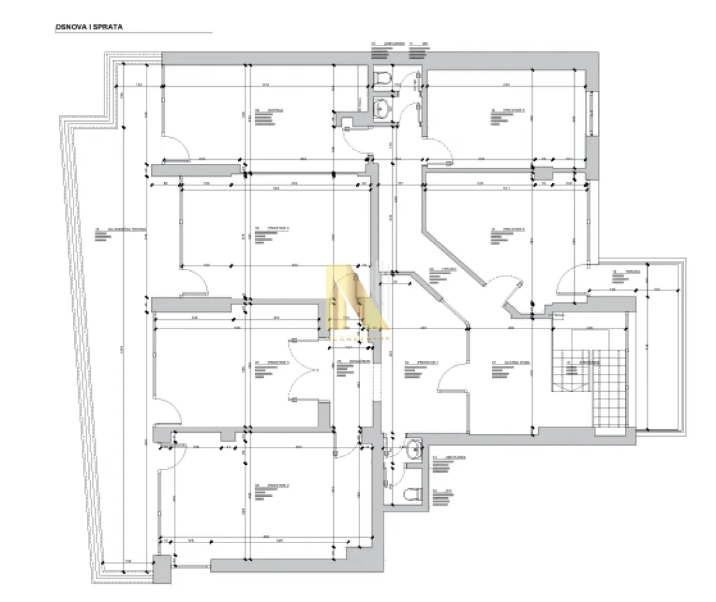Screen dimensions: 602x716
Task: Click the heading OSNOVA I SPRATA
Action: coord(89,28)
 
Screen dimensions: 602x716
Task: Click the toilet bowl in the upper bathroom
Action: coord(383,78)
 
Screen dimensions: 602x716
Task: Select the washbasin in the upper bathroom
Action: coord(383,107)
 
